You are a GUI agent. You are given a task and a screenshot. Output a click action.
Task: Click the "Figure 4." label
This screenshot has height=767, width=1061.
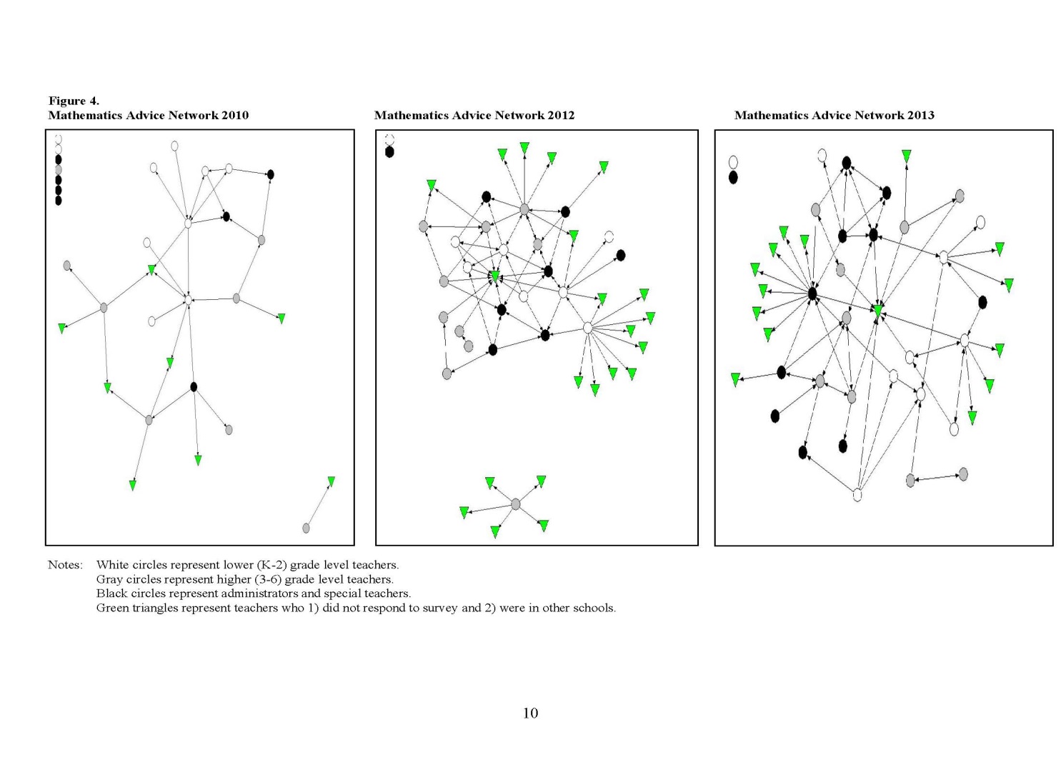coord(74,101)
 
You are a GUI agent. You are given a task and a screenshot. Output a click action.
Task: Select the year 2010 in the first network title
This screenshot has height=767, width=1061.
coord(234,115)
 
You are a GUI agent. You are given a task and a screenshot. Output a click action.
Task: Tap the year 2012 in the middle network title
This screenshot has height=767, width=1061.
coord(560,115)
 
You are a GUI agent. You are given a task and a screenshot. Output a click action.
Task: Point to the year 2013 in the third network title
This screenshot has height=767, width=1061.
coord(920,115)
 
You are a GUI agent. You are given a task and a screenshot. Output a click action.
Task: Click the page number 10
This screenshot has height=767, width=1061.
coord(530,713)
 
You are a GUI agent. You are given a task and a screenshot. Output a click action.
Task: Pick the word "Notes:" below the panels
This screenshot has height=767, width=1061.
coord(65,565)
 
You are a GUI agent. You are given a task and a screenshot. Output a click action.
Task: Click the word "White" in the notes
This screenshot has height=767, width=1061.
coord(112,565)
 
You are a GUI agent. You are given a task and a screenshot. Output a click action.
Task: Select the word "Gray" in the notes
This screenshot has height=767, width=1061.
coord(109,579)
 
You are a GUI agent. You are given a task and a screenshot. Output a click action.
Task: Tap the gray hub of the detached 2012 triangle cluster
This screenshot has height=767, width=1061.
coord(516,505)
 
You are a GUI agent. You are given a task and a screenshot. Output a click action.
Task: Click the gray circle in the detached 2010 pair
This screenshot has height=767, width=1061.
coord(307,528)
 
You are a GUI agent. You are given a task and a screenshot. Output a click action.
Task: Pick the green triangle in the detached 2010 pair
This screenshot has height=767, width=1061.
coord(331,481)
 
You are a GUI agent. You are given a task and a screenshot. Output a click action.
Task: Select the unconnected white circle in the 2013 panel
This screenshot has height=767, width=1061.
coord(733,162)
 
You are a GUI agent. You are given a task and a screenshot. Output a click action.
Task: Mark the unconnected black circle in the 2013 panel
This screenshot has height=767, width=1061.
coord(733,177)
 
